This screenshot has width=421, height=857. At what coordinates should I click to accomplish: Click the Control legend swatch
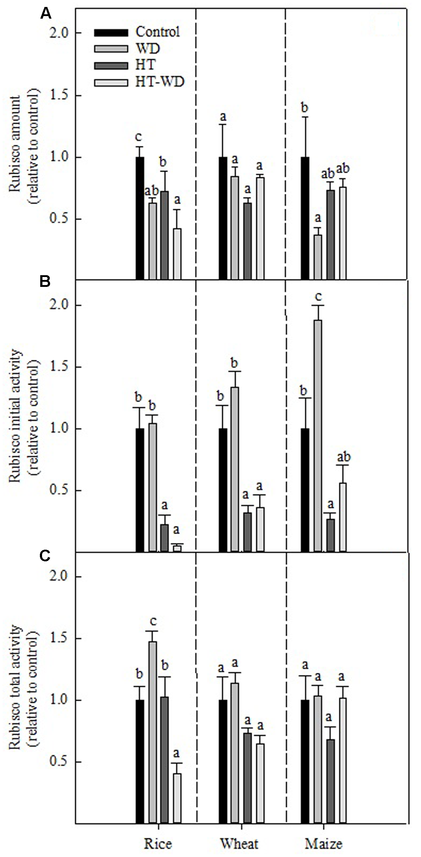(x=111, y=33)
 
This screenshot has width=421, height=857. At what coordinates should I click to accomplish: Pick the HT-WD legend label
(x=160, y=82)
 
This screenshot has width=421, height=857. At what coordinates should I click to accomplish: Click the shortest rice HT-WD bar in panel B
(x=177, y=549)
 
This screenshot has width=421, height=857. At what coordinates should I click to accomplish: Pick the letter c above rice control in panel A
(x=138, y=137)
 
